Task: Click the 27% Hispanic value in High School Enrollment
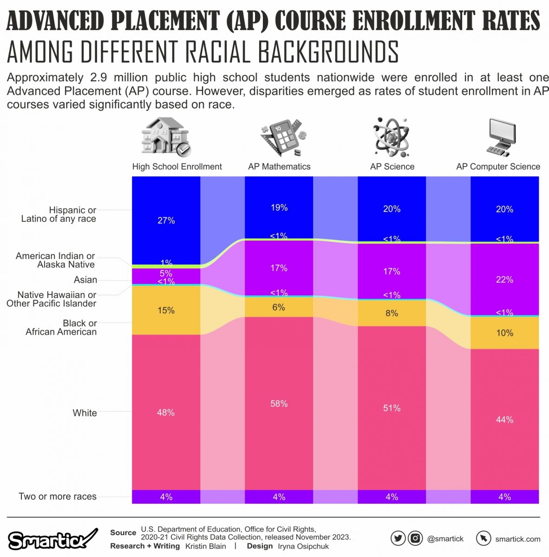point(166,220)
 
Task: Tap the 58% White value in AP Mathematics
point(279,404)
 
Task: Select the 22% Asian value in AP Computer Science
point(504,279)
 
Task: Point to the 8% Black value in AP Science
point(392,313)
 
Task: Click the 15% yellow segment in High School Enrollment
point(166,310)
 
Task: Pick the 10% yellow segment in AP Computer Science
point(504,333)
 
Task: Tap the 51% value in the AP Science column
point(392,408)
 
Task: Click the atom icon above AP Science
point(391,137)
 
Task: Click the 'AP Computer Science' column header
point(498,167)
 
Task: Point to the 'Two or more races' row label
point(58,496)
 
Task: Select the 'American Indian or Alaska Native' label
point(55,260)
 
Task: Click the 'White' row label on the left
point(85,413)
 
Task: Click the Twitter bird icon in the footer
point(398,538)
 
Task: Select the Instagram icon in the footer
point(415,538)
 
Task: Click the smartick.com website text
point(517,539)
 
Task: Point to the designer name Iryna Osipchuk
point(303,546)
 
